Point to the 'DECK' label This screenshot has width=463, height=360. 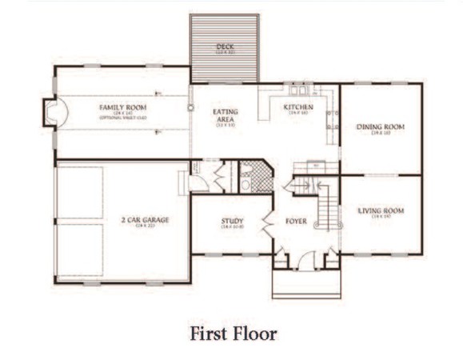[224, 47]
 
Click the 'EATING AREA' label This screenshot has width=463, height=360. [226, 117]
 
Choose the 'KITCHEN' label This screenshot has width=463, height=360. [298, 107]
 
